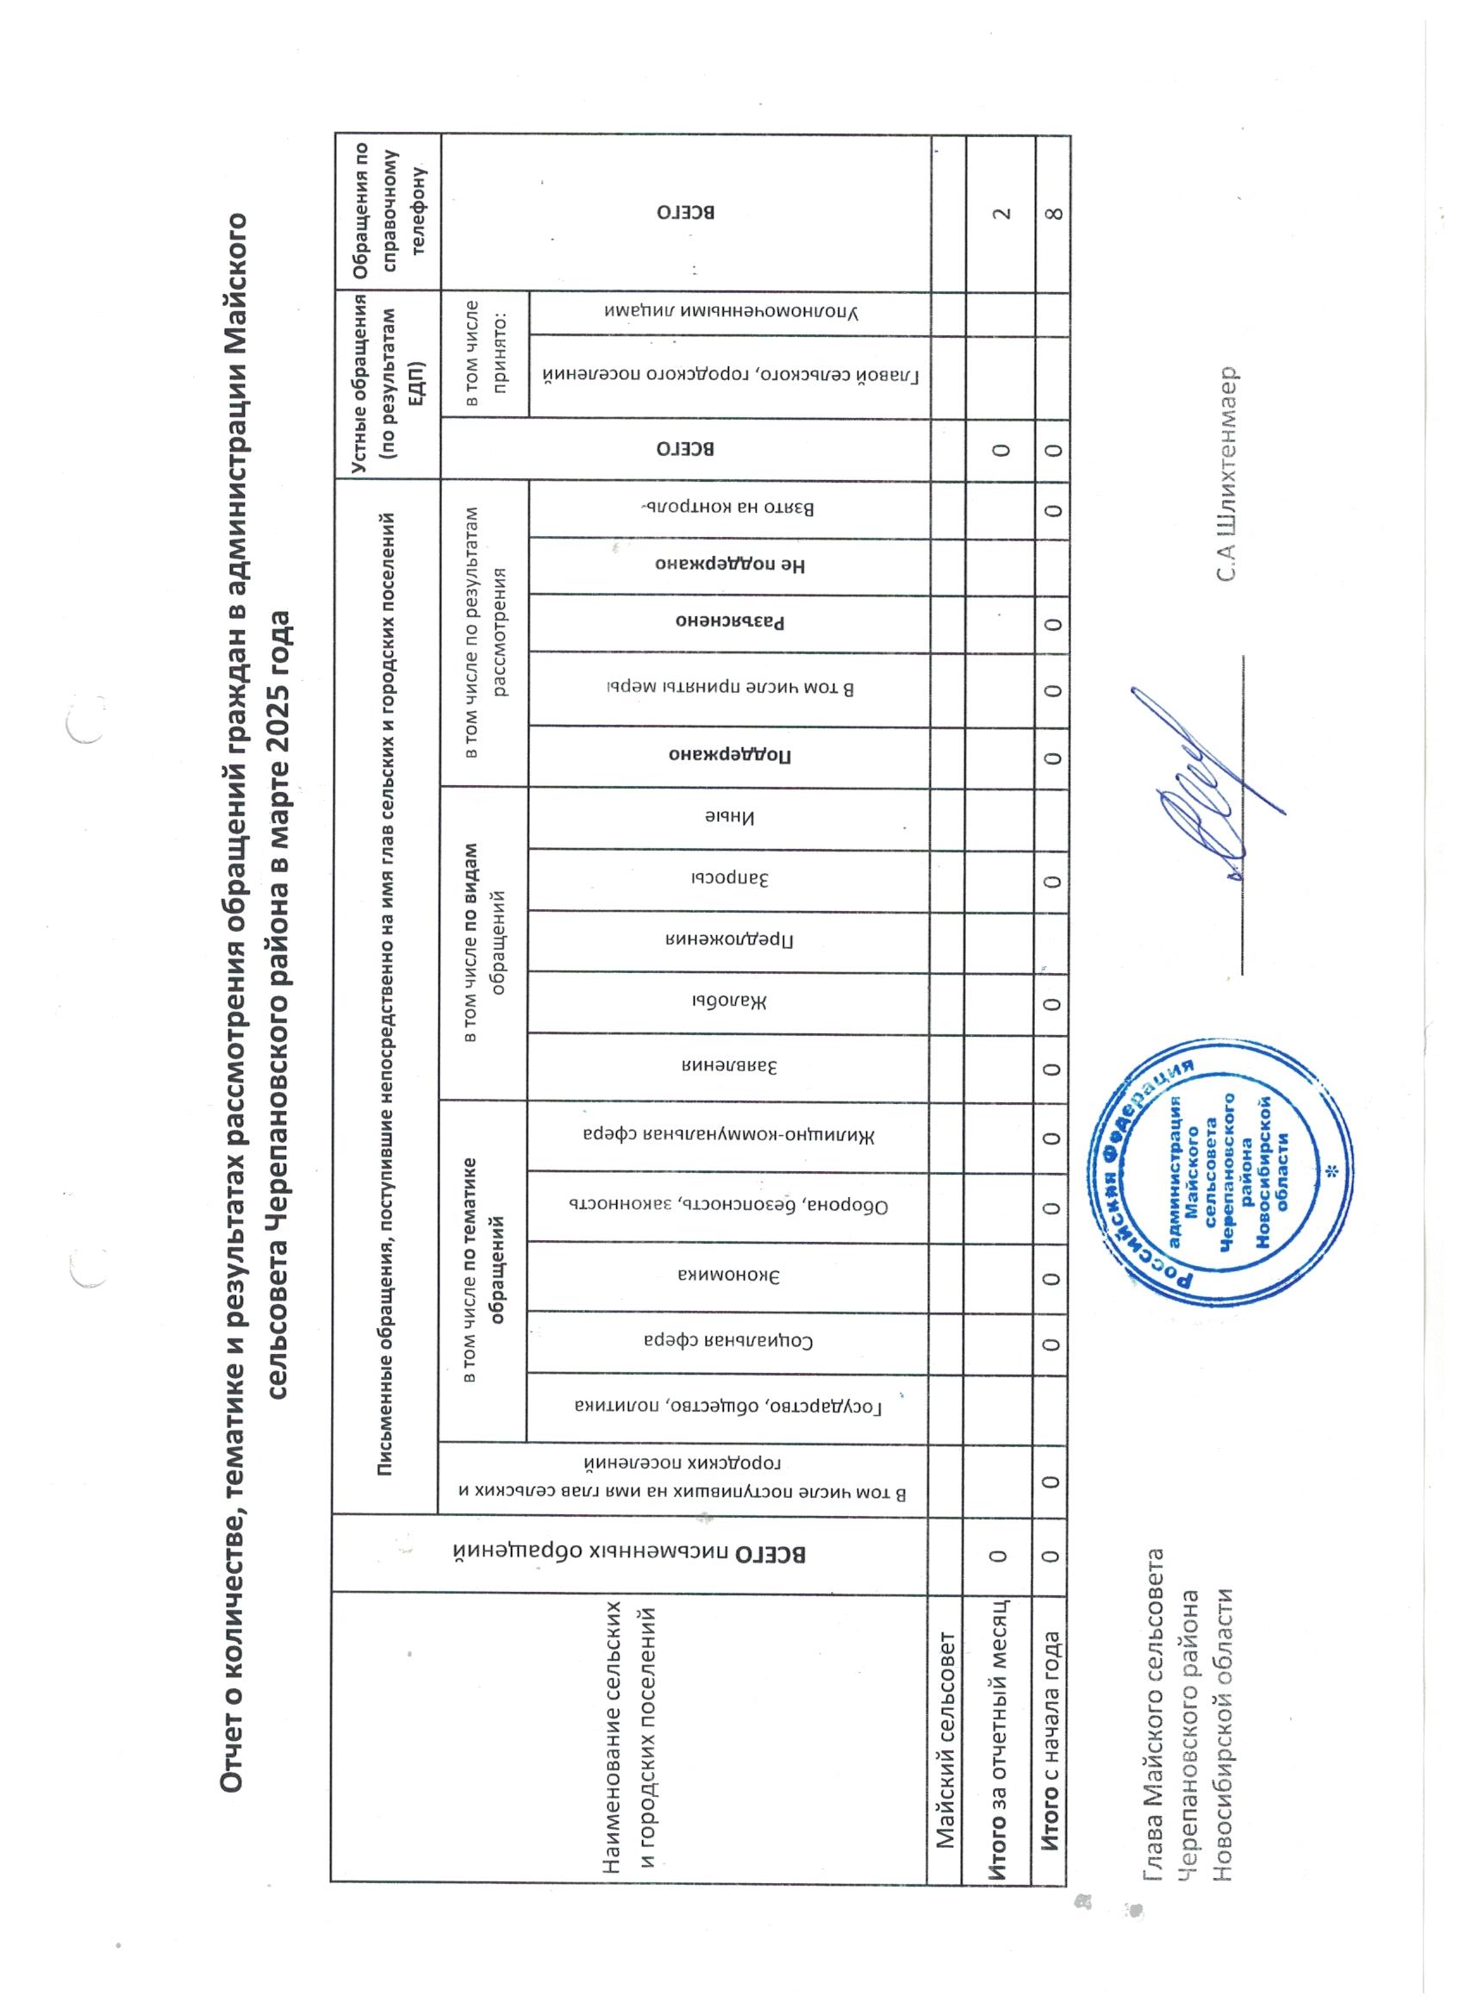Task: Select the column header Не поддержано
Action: (734, 565)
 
